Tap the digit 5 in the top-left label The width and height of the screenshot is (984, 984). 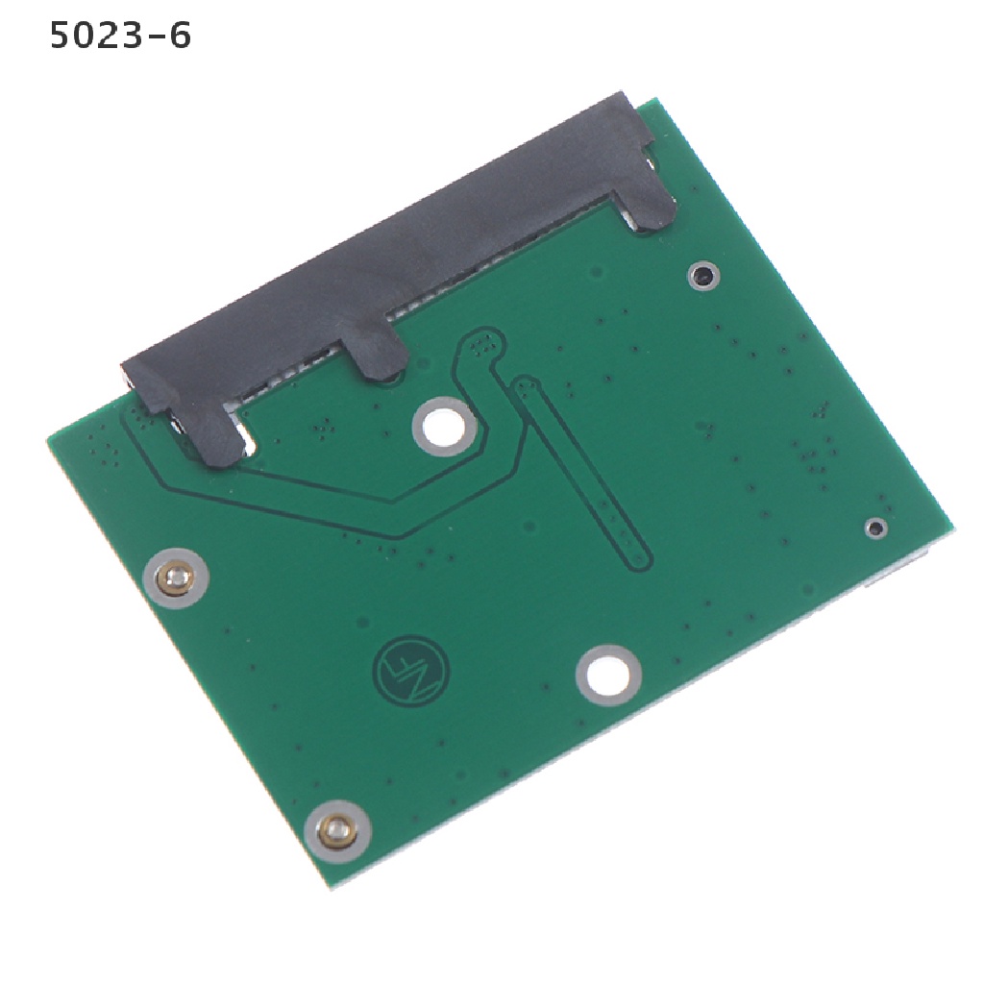point(62,36)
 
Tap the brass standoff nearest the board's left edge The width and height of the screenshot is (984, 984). point(176,578)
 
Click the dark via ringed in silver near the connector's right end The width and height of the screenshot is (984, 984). point(703,275)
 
